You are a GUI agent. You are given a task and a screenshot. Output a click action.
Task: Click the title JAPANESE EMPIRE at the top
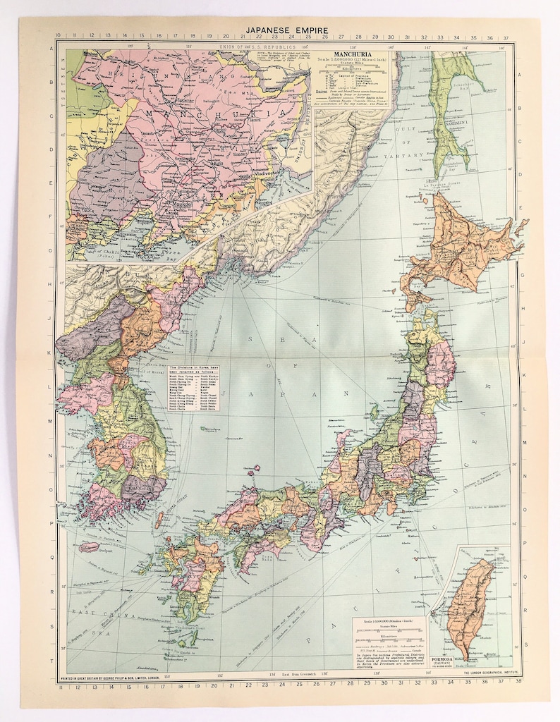pyautogui.click(x=280, y=30)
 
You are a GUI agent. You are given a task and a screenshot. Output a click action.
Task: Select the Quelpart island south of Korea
pyautogui.click(x=90, y=546)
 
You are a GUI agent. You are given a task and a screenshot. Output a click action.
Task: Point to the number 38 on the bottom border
pyautogui.click(x=518, y=682)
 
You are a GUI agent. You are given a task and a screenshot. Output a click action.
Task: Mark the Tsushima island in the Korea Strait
pyautogui.click(x=159, y=521)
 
